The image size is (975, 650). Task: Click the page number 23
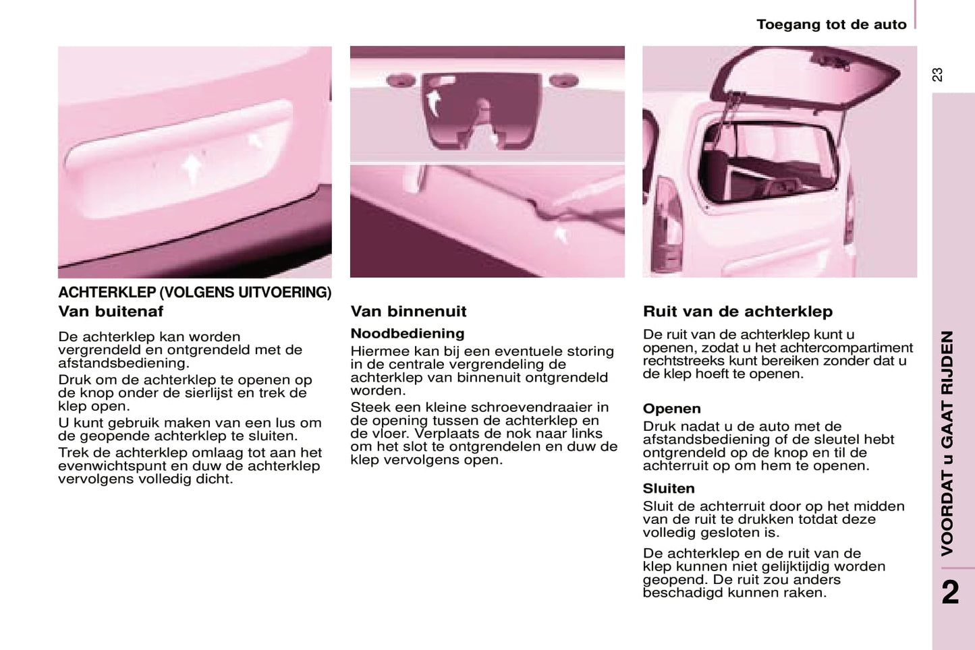point(937,75)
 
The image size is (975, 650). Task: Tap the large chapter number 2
point(951,592)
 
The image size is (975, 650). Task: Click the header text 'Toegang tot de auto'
point(831,25)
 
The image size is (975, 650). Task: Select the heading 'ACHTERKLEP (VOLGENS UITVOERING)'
point(194,293)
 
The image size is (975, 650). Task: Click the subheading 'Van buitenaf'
point(111,312)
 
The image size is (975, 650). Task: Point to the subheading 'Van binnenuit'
point(408,312)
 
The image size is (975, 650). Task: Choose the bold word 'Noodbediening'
point(408,333)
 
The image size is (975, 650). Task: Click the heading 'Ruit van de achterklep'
point(737,312)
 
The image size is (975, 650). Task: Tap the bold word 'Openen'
point(671,409)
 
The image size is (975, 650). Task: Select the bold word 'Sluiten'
point(669,488)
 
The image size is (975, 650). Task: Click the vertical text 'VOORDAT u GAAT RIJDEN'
point(948,443)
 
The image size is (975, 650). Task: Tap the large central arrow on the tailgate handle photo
point(192,167)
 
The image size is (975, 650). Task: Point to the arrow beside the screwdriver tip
point(560,234)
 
